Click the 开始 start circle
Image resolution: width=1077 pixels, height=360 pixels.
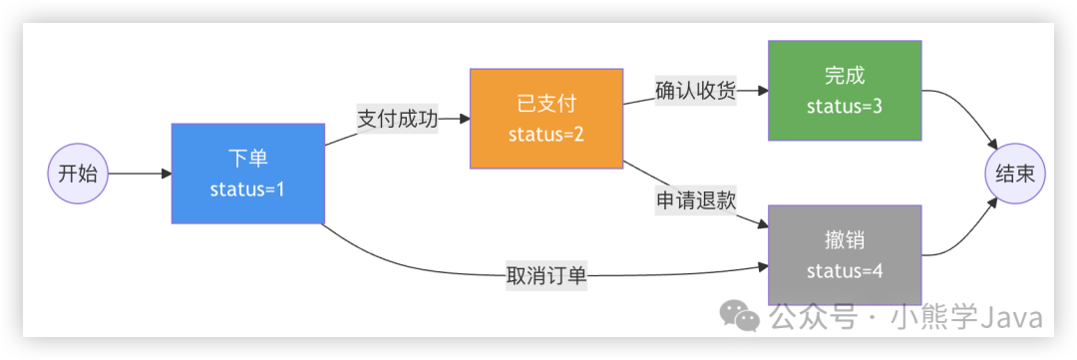click(77, 174)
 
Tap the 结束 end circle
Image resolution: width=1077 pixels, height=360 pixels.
click(1014, 174)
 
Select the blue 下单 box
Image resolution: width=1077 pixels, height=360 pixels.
click(247, 173)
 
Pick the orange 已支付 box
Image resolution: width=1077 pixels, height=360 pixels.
click(545, 118)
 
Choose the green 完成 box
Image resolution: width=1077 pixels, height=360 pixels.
click(845, 90)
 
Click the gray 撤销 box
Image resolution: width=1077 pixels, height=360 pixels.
click(845, 254)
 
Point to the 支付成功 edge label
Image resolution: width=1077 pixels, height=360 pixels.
click(397, 118)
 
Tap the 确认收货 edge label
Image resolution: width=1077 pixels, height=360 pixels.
click(695, 91)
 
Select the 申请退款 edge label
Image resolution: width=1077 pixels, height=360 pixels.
click(695, 199)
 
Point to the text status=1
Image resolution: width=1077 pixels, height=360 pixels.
click(247, 189)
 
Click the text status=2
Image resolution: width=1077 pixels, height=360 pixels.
click(545, 135)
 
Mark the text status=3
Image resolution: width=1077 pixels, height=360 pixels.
click(845, 107)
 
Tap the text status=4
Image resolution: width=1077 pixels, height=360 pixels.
click(845, 271)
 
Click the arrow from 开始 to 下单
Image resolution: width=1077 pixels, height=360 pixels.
click(140, 174)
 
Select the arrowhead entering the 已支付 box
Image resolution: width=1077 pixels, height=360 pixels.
click(464, 118)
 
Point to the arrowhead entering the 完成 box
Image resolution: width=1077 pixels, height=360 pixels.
click(762, 91)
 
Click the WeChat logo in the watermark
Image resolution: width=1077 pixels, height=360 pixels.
click(740, 316)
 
